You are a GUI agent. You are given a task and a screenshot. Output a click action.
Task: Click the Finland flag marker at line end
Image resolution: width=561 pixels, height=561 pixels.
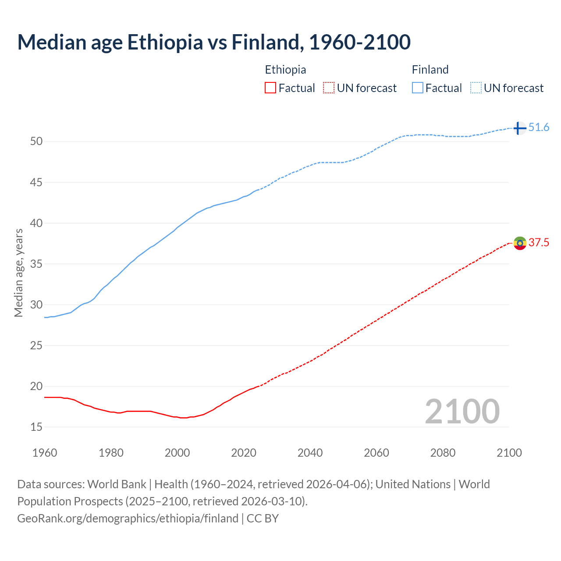click(519, 128)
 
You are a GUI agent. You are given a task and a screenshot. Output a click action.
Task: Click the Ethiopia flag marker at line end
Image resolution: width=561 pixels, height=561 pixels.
click(520, 243)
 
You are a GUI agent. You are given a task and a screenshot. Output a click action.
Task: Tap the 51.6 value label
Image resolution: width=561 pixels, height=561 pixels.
click(539, 128)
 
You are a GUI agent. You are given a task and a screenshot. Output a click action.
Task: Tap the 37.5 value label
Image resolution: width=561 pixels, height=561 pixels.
click(539, 243)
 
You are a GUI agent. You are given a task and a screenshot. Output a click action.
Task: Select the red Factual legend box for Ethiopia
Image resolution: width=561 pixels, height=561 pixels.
click(270, 88)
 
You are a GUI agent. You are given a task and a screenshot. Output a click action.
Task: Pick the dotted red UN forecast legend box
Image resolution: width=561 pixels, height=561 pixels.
click(329, 88)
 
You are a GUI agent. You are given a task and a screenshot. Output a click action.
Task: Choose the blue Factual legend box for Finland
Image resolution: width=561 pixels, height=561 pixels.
click(417, 88)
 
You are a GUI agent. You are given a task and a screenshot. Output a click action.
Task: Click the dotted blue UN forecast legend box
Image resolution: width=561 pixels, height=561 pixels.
click(476, 88)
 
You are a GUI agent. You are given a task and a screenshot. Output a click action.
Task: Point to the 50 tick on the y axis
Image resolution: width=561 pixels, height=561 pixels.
click(36, 142)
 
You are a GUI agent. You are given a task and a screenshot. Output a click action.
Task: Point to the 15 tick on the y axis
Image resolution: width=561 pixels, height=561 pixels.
click(36, 427)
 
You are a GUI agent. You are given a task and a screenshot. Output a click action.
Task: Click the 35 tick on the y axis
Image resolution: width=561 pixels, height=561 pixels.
click(36, 264)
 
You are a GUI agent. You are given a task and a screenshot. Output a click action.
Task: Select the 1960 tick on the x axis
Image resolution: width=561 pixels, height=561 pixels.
click(45, 453)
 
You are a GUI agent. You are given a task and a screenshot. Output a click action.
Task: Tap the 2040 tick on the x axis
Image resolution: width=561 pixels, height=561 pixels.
click(310, 453)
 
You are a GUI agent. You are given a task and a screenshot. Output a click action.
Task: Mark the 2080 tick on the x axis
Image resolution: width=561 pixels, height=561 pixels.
click(443, 453)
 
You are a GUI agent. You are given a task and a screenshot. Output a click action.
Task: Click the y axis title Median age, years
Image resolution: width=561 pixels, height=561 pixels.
click(18, 273)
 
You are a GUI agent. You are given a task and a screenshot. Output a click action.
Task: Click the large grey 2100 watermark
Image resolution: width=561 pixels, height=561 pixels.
click(462, 411)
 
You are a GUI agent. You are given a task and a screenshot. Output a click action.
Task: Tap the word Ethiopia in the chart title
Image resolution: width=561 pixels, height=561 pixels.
click(165, 42)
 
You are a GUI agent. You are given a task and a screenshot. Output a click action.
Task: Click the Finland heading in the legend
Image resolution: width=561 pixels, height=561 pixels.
click(430, 70)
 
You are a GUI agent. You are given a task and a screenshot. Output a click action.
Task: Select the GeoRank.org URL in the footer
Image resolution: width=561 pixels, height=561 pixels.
click(128, 518)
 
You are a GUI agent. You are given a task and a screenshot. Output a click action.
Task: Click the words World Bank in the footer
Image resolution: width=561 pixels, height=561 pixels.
click(117, 484)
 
